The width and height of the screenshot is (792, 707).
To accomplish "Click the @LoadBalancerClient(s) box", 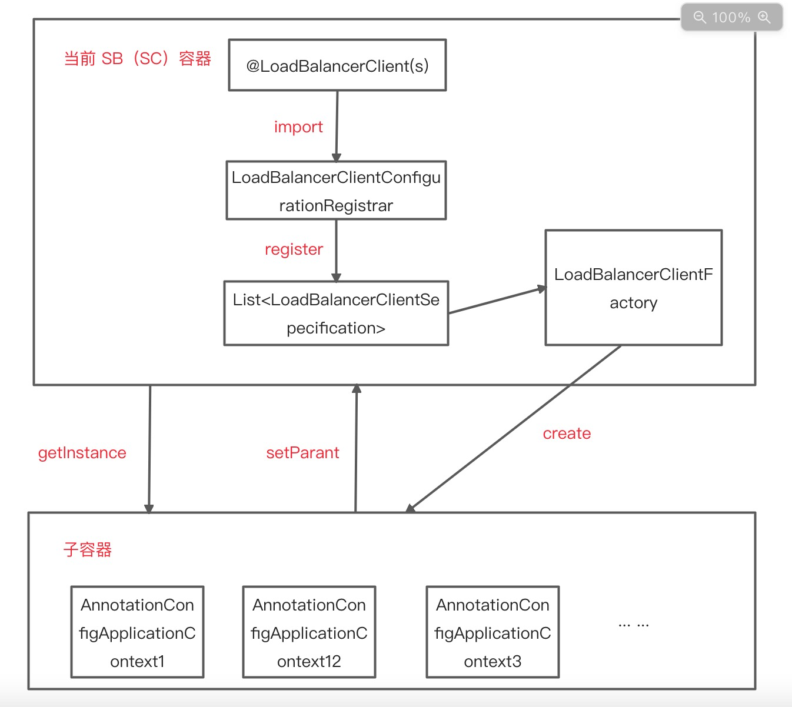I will [337, 65].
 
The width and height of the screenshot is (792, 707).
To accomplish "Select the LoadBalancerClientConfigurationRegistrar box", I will [336, 191].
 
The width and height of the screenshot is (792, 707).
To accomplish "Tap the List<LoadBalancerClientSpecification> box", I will [336, 314].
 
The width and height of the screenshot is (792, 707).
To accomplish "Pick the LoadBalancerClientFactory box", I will [633, 288].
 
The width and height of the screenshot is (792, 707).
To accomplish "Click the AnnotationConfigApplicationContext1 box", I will [137, 632].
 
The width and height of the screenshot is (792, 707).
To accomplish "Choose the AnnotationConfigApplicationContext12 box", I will [309, 632].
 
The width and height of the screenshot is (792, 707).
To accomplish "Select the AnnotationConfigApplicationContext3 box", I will [492, 632].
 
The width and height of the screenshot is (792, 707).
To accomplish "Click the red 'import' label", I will [298, 127].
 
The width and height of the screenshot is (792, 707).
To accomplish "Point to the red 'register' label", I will [294, 249].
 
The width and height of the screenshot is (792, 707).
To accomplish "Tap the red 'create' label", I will [567, 433].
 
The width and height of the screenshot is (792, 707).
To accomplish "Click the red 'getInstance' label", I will [82, 453].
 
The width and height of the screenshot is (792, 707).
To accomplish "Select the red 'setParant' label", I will [302, 453].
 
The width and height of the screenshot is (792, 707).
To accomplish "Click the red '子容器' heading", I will [88, 550].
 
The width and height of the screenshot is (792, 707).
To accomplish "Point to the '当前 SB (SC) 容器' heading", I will [137, 59].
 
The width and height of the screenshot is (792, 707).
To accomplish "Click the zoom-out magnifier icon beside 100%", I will [699, 17].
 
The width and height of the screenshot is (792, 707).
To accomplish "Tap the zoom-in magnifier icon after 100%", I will [764, 17].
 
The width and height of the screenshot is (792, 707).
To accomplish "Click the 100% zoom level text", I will [731, 18].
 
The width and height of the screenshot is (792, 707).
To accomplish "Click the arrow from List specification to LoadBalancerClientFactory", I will [497, 300].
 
